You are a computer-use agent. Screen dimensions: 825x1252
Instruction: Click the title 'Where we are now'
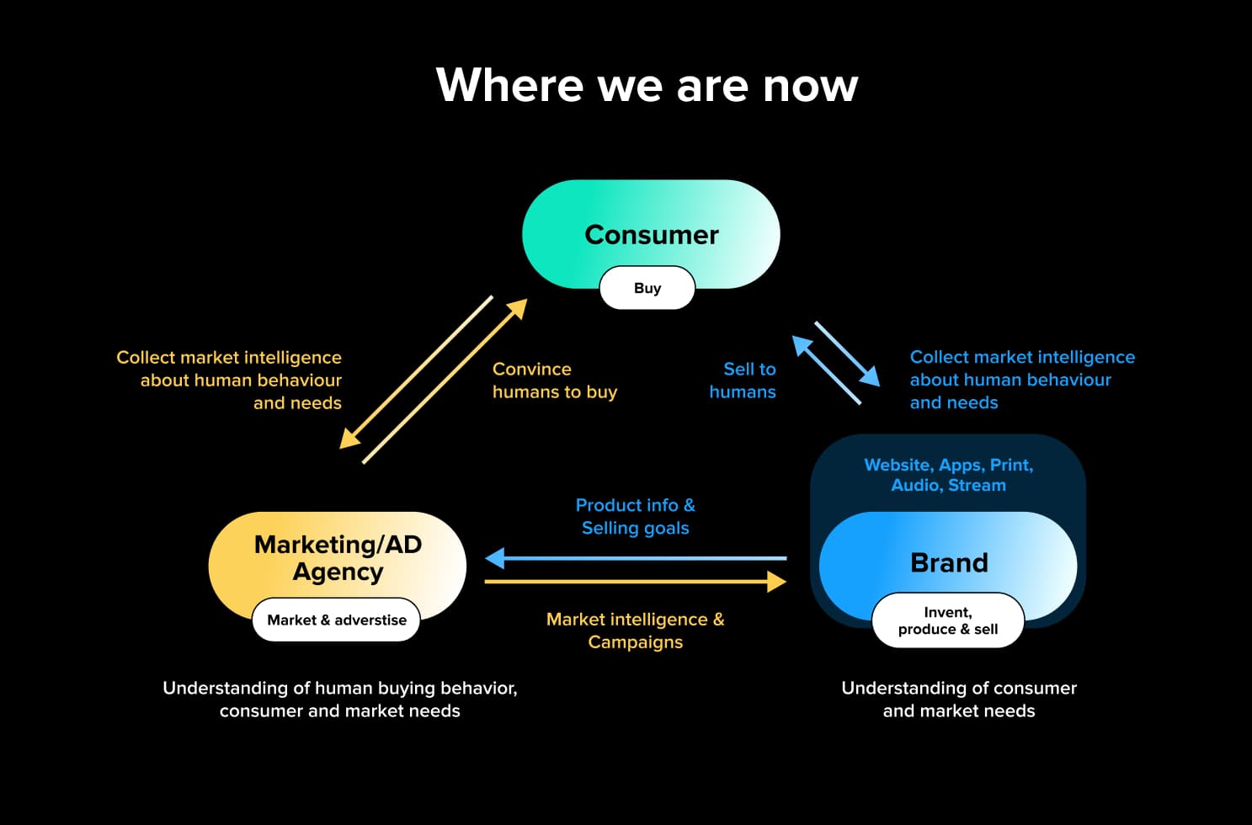click(647, 85)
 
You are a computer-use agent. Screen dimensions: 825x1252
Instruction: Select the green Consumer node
click(651, 224)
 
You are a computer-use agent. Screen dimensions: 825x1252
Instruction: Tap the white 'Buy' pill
click(647, 288)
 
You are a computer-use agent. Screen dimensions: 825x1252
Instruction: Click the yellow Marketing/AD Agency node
click(337, 557)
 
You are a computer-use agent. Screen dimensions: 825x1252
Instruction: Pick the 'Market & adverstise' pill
click(336, 620)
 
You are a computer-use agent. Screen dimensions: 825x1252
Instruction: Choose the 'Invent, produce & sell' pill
click(947, 620)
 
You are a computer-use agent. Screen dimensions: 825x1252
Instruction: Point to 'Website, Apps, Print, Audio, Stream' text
click(948, 475)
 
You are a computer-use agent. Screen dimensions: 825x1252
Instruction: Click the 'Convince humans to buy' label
click(554, 381)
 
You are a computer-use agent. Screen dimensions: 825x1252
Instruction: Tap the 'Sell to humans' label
click(743, 381)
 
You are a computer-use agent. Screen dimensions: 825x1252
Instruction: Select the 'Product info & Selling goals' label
click(635, 517)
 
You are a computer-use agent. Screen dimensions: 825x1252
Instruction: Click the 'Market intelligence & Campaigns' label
click(635, 631)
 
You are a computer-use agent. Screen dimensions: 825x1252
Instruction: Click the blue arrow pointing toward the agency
click(636, 558)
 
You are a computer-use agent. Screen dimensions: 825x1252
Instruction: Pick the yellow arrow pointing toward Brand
click(636, 581)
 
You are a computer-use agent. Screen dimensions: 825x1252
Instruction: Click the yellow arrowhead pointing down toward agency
click(349, 439)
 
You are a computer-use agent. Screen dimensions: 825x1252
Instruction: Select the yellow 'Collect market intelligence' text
click(229, 380)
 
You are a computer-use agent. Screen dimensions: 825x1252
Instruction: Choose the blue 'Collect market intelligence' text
click(1022, 380)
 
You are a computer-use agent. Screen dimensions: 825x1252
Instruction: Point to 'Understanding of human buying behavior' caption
click(339, 700)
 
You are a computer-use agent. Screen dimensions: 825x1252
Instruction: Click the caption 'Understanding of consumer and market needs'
click(958, 700)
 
